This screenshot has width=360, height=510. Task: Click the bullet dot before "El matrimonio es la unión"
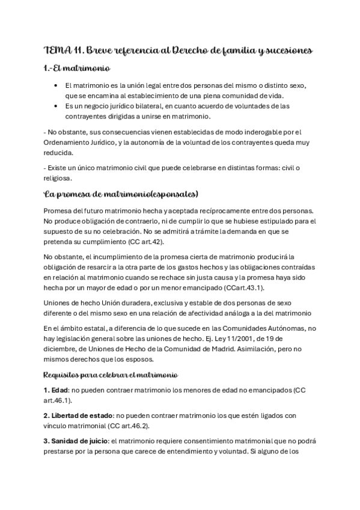click(55, 87)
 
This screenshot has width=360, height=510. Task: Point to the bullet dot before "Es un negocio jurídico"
click(55, 106)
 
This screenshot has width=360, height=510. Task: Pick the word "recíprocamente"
click(215, 210)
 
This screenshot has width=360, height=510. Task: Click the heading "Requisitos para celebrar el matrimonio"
click(110, 375)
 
